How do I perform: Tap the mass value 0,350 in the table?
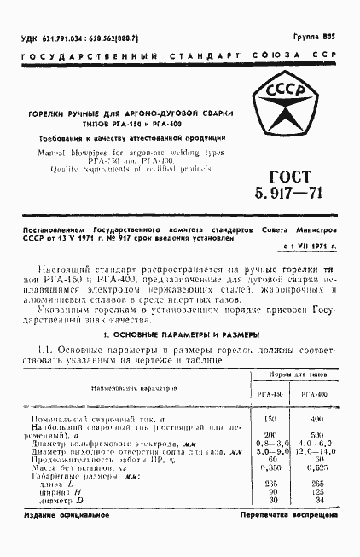[x=270, y=468]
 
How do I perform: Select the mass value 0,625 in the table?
[x=316, y=468]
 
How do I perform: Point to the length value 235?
[x=270, y=484]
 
